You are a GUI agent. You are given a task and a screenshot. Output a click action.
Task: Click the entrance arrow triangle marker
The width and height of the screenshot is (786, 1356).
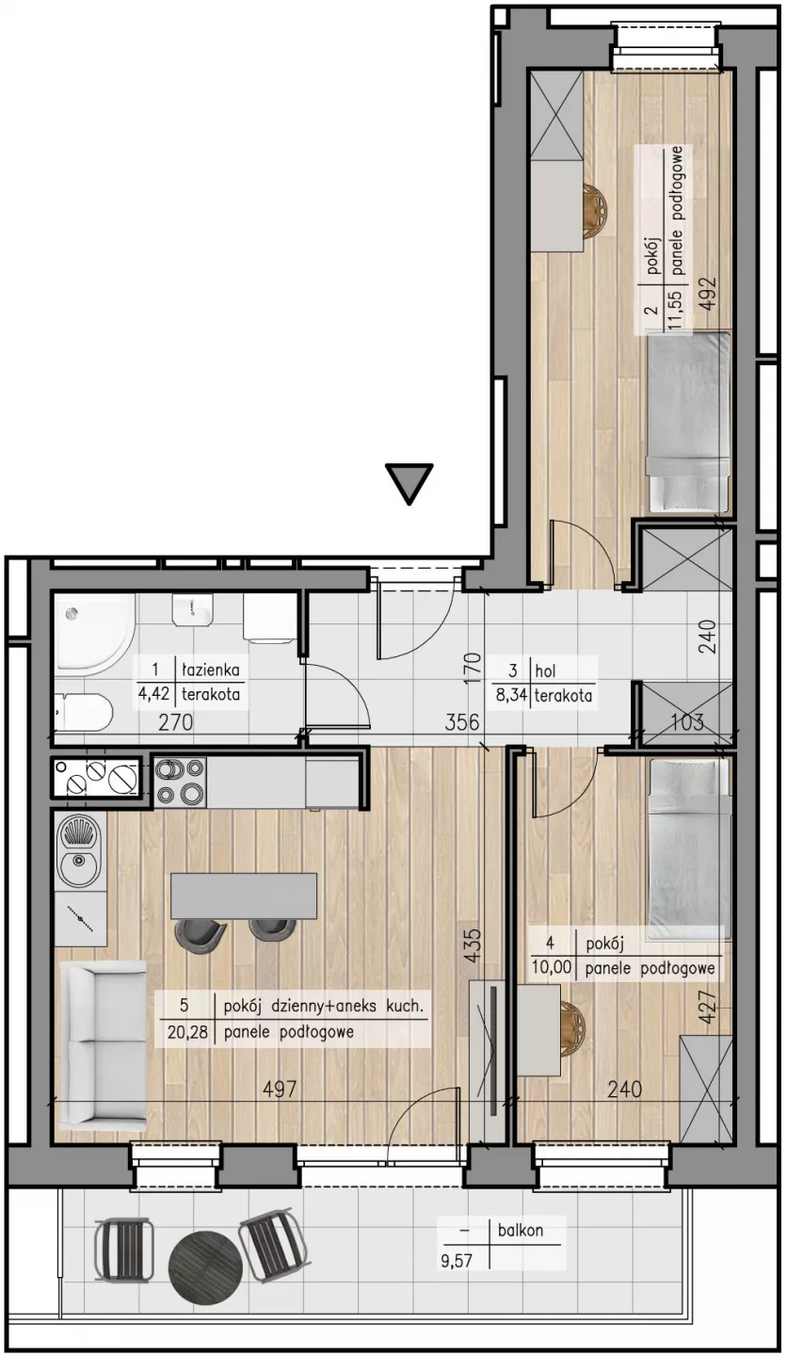410,481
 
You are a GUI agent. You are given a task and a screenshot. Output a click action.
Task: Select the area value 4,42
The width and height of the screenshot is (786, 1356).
155,694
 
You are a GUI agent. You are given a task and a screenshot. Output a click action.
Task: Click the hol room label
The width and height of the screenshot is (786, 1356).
545,670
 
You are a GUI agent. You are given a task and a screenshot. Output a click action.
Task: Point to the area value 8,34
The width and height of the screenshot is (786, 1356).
510,696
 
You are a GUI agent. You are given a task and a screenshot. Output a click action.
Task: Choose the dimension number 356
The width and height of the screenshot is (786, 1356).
461,722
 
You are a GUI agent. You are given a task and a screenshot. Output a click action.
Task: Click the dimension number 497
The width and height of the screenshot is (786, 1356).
281,1089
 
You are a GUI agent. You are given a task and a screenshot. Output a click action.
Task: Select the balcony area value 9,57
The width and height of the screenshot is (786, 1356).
457,1257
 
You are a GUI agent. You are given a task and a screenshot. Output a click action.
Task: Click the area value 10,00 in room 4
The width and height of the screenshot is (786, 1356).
551,967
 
